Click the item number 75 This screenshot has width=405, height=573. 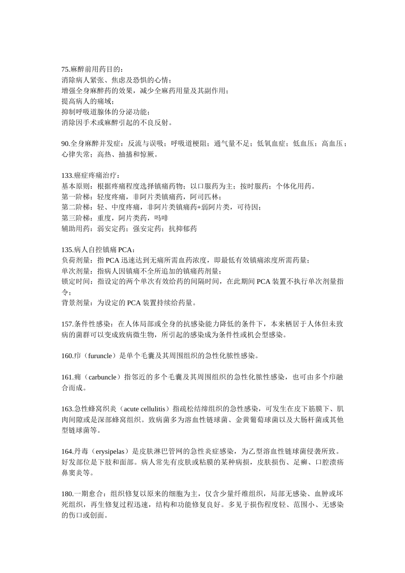(65, 69)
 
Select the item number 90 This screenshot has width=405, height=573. (65, 144)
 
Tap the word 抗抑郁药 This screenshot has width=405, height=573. (182, 229)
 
